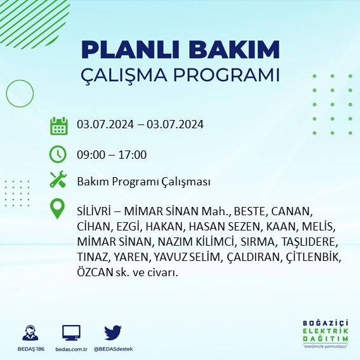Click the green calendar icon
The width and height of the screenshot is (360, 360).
pos(58,126)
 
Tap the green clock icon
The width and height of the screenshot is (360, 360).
pos(58,154)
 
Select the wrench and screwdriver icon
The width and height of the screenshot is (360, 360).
pos(58,180)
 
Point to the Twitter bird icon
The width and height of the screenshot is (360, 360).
pos(113,332)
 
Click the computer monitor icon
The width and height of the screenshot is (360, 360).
pos(71,332)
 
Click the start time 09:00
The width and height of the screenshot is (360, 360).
pos(90,154)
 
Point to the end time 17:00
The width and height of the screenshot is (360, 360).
pos(133,154)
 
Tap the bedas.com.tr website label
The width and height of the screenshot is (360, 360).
pos(71,349)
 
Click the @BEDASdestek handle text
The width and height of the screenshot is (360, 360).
pos(113,349)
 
